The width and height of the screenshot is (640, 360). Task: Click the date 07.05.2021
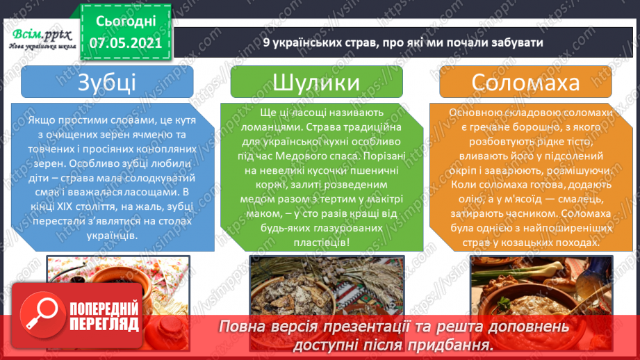click(125, 42)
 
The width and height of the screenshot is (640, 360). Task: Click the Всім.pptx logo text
click(38, 33)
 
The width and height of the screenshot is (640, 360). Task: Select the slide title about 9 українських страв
click(403, 42)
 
